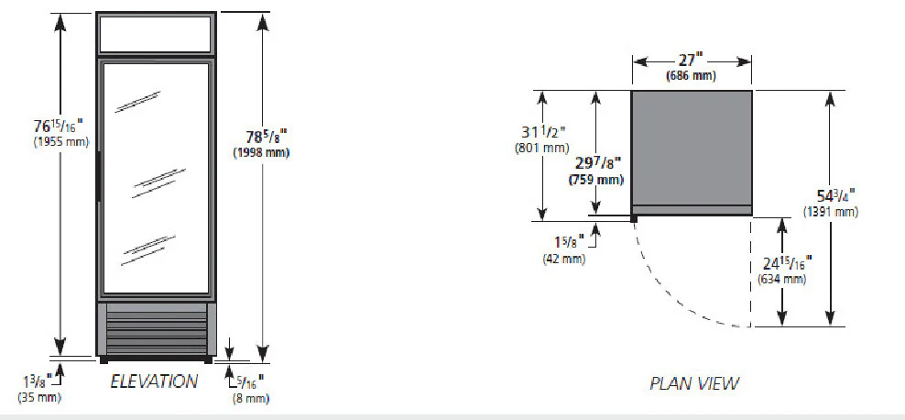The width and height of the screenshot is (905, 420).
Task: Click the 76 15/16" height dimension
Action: click(59, 126)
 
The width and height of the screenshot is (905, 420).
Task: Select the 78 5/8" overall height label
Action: click(267, 137)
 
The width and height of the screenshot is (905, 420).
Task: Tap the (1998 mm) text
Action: click(261, 153)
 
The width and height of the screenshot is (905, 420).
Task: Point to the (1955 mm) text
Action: click(61, 141)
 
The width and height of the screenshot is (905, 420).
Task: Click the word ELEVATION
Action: click(154, 381)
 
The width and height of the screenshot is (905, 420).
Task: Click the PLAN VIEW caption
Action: click(694, 383)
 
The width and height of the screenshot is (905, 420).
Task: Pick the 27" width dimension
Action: click(691, 61)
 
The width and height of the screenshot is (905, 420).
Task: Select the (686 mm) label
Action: click(691, 76)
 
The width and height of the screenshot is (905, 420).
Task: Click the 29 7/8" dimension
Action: click(596, 163)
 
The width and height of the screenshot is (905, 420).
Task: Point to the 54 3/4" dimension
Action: click(835, 195)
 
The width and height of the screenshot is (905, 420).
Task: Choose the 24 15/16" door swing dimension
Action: click(787, 264)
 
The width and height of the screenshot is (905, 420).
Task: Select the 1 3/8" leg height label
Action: click(38, 381)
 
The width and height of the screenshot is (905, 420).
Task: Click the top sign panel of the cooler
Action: click(156, 34)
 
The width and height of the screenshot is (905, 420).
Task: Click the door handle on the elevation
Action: click(99, 177)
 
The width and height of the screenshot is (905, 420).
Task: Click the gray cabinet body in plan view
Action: click(692, 148)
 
